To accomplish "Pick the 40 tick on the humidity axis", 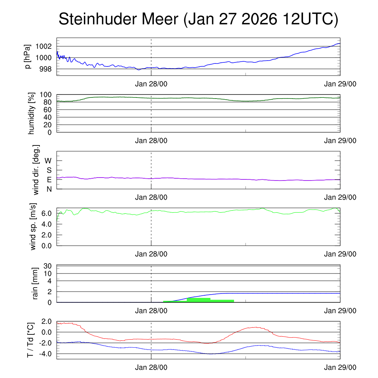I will (48, 117).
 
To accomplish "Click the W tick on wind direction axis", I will (48, 161).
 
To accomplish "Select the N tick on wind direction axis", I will (49, 189).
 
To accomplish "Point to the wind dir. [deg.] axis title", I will (36, 170).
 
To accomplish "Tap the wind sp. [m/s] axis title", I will (34, 226).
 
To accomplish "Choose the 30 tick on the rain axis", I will (48, 266).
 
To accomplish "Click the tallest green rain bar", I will (199, 300).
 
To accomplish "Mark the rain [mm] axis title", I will (35, 283).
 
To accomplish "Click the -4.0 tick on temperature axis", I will (44, 354).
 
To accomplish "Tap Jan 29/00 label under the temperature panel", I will (340, 367).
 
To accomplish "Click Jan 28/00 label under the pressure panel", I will (151, 84).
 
